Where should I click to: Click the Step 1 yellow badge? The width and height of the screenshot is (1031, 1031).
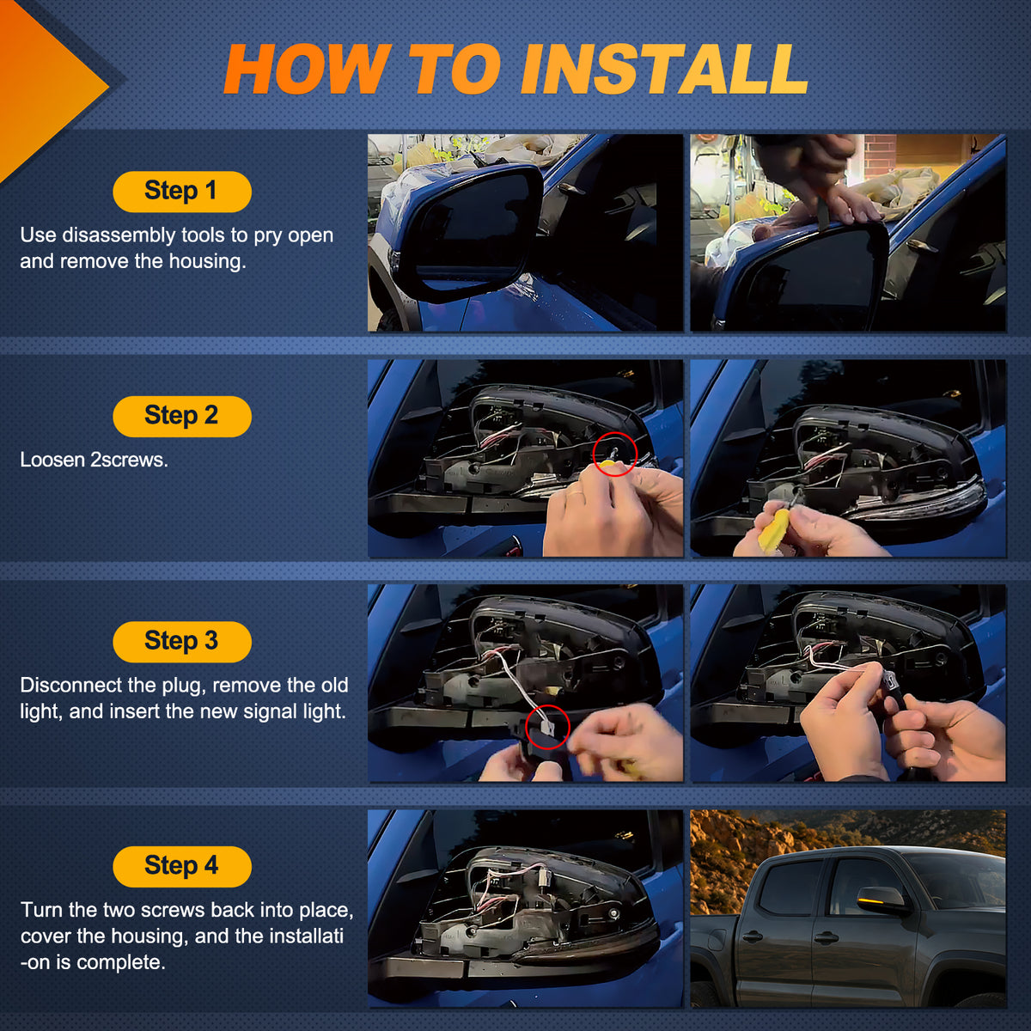point(182,192)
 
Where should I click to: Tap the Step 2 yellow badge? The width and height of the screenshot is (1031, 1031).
point(182,416)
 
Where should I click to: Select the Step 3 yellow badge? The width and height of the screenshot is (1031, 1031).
point(182,642)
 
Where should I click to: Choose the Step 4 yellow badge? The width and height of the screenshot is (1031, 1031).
point(182,866)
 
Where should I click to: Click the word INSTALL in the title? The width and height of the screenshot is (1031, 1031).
point(664,69)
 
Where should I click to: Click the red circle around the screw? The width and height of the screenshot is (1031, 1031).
point(615,454)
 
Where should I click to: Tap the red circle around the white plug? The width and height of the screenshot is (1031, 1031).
point(547,727)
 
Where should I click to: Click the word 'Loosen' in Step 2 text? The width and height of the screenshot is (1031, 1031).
point(52,460)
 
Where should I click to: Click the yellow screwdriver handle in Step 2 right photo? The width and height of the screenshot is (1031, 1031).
point(772,531)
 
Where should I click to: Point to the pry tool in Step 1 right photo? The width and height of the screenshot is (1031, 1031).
point(825,209)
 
